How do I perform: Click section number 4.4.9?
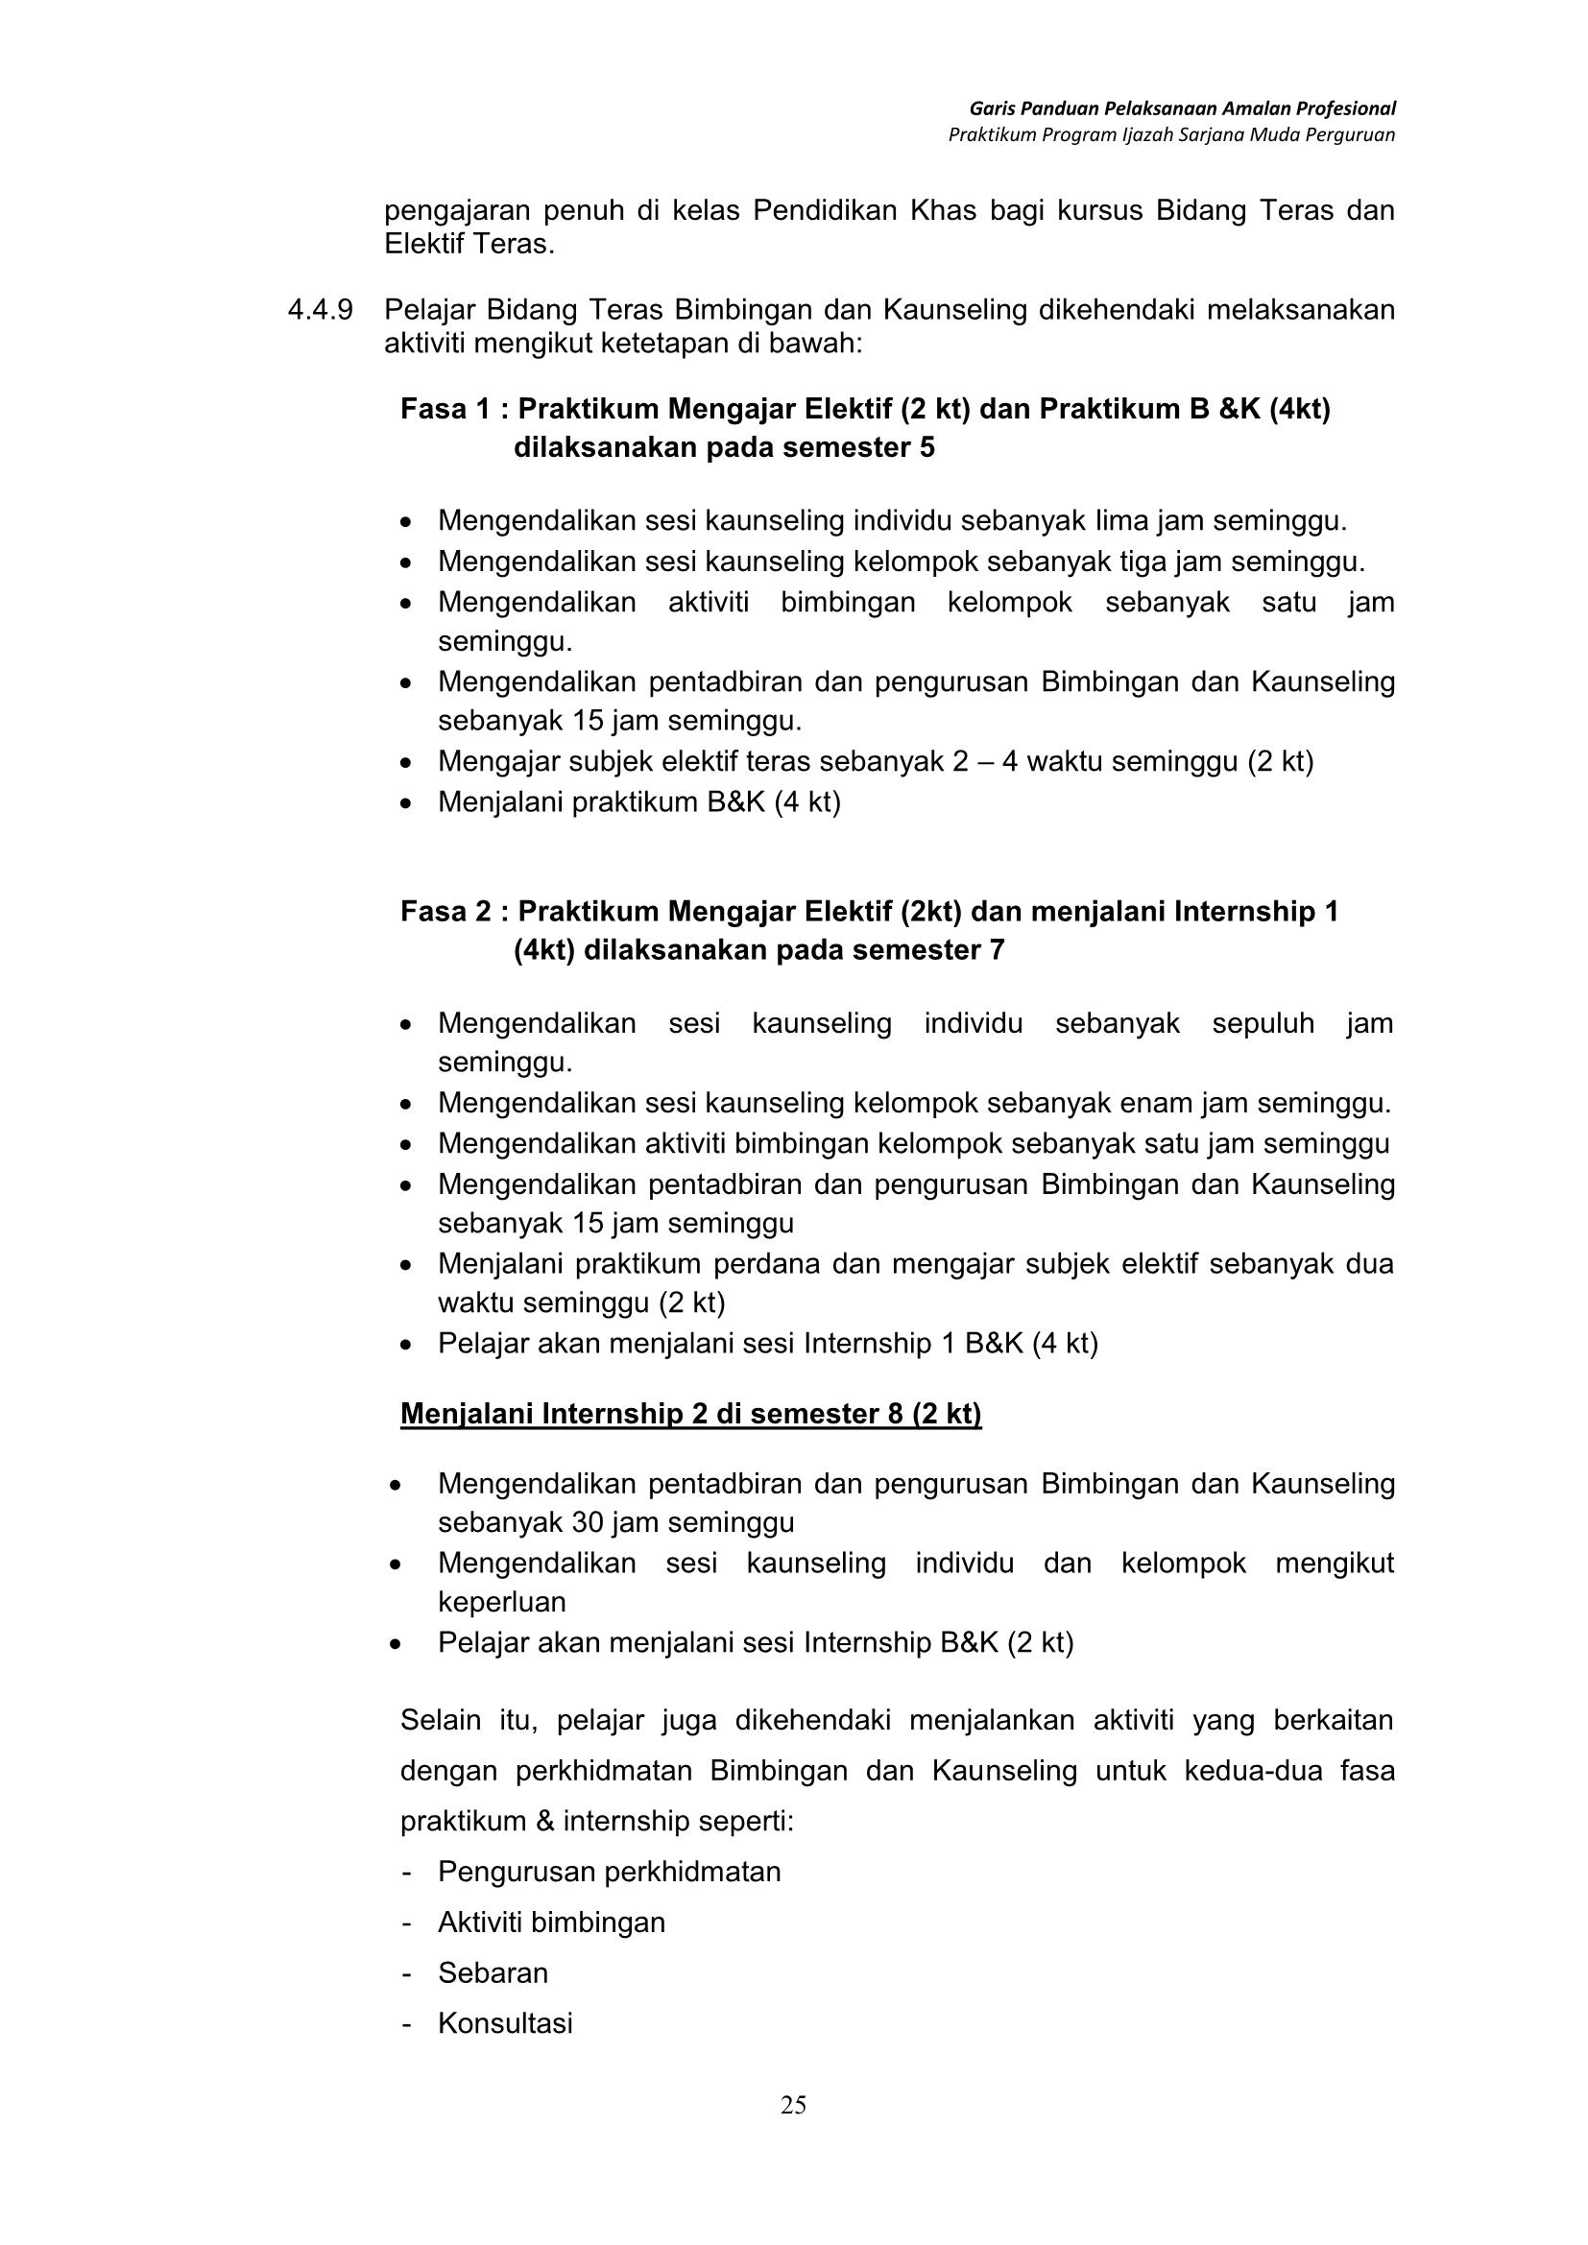[320, 310]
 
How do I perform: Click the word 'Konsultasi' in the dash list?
[505, 2023]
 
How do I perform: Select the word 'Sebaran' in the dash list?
[493, 1972]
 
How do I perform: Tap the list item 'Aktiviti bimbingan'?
[551, 1923]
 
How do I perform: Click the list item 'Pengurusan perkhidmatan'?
[610, 1872]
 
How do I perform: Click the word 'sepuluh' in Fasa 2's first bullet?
[1263, 1024]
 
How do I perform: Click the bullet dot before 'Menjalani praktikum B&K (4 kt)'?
[406, 803]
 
